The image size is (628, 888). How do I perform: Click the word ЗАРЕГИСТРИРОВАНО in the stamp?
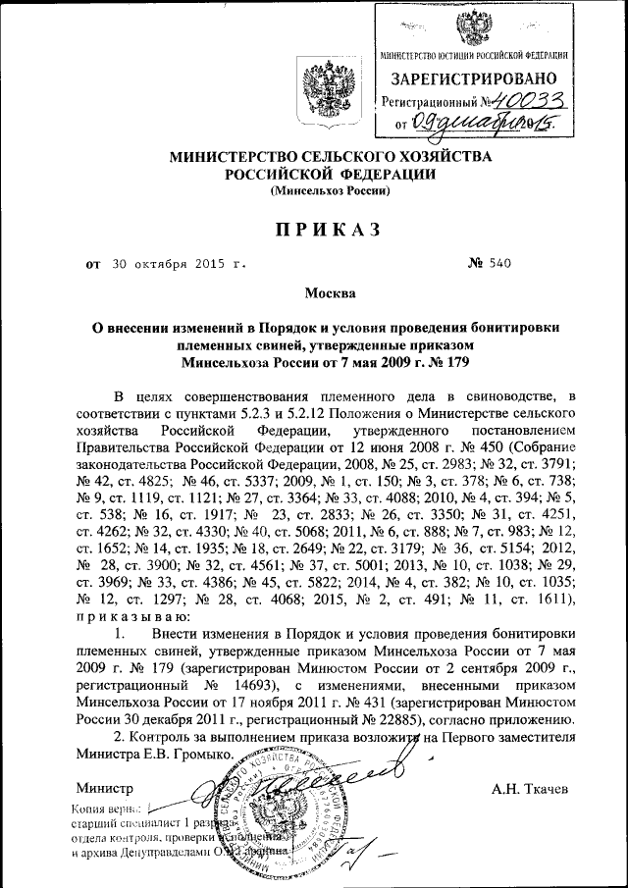pos(475,78)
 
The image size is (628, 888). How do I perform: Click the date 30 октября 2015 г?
pos(172,264)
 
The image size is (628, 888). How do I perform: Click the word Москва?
pos(317,292)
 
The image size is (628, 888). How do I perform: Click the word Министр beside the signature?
pos(103,788)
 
